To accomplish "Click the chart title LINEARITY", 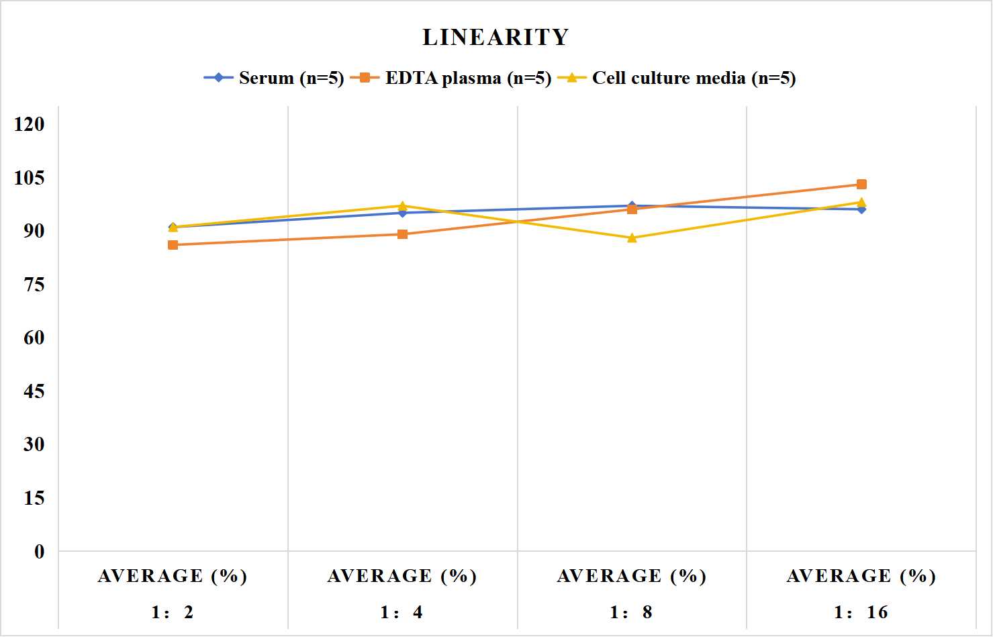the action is (x=495, y=37).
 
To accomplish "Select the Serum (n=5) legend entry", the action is (x=274, y=78).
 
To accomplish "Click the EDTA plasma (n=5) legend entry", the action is (x=451, y=78).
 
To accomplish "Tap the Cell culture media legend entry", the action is (x=677, y=78).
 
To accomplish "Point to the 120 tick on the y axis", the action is (x=30, y=124).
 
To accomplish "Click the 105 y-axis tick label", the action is (x=30, y=178).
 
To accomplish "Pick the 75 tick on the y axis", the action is (x=34, y=285).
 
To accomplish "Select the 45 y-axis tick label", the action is (x=34, y=391).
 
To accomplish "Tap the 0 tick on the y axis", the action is (x=40, y=552).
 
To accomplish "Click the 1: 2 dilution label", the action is (x=173, y=612).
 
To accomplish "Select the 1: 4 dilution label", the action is (x=401, y=612).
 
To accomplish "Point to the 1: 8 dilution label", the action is (x=631, y=612).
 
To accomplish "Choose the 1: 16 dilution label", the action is (x=861, y=612).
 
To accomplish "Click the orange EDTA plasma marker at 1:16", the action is (x=861, y=185).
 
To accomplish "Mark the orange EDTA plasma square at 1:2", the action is (x=173, y=245).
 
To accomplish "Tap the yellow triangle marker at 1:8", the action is (x=632, y=238).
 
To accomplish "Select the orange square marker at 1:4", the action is (x=403, y=234).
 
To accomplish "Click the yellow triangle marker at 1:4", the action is (x=403, y=205).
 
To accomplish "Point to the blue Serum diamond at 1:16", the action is (x=861, y=209).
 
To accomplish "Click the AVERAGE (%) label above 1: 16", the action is (x=861, y=576).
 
